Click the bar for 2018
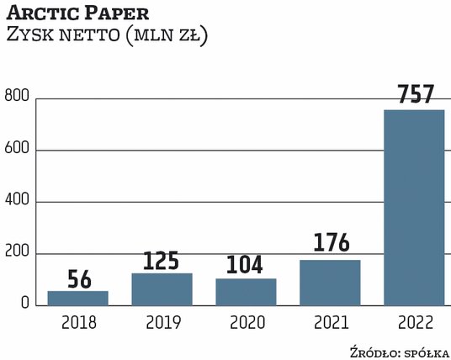pyautogui.click(x=77, y=297)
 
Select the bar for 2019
pyautogui.click(x=162, y=289)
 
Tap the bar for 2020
pyautogui.click(x=246, y=291)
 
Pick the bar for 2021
pyautogui.click(x=330, y=282)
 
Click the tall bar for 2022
pyautogui.click(x=414, y=207)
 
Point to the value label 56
pyautogui.click(x=77, y=278)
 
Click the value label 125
pyautogui.click(x=162, y=260)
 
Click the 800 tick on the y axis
pyautogui.click(x=19, y=99)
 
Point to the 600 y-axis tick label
pyautogui.click(x=19, y=151)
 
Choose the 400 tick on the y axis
pyautogui.click(x=19, y=202)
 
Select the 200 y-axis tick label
pyautogui.click(x=19, y=253)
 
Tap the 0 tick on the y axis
pyautogui.click(x=25, y=304)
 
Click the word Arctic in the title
pyautogui.click(x=40, y=15)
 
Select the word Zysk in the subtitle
pyautogui.click(x=31, y=36)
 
